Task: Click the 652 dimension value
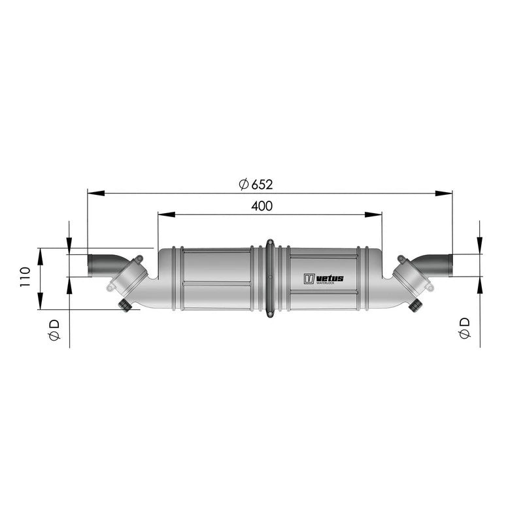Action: [262, 184]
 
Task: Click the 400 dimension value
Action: [261, 206]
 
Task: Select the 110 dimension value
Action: [25, 277]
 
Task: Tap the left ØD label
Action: [54, 329]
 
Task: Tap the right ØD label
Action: [464, 328]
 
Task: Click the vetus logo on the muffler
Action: [323, 278]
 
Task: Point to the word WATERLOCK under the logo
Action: [325, 283]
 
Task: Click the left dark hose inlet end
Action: [90, 265]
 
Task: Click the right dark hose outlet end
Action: [450, 265]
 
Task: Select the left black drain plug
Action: [125, 305]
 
